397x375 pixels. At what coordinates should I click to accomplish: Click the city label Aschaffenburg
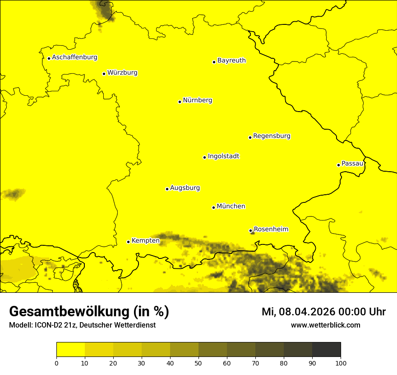(x=74, y=57)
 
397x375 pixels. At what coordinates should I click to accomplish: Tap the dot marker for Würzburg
(x=104, y=74)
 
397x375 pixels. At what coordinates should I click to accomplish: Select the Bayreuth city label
(x=231, y=61)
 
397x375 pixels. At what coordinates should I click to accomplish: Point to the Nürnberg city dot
(x=180, y=102)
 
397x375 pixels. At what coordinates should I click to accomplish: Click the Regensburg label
(x=272, y=136)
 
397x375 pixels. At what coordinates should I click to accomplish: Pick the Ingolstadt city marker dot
(x=204, y=157)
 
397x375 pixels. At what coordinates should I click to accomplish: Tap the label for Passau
(x=352, y=164)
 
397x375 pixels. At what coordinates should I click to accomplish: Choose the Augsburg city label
(x=185, y=188)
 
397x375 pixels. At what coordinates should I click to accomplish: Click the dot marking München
(x=213, y=207)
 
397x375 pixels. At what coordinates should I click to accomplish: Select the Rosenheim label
(x=271, y=230)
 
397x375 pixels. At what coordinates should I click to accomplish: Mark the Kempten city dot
(x=128, y=242)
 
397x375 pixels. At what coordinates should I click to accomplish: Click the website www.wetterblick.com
(x=325, y=325)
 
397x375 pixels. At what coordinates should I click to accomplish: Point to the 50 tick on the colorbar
(x=198, y=362)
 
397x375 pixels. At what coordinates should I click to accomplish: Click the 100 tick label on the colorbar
(x=341, y=362)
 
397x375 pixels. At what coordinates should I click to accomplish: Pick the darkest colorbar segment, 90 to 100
(x=326, y=350)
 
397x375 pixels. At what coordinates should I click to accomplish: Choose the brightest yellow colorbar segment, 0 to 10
(x=70, y=350)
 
